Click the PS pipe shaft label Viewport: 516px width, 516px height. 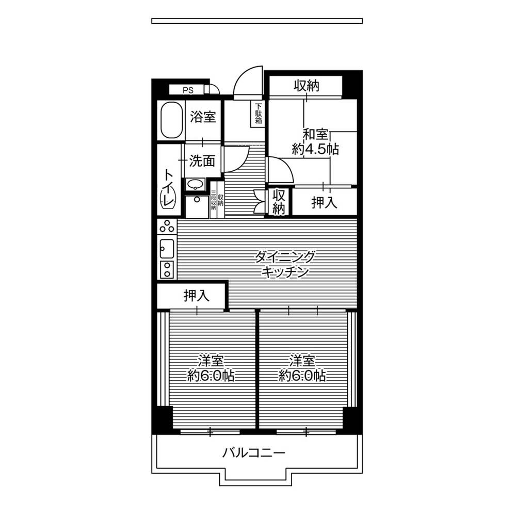[188, 90]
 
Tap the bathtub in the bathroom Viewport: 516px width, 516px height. [171, 120]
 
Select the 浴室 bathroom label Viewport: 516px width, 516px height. [203, 117]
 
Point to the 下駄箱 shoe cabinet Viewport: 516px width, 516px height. [259, 114]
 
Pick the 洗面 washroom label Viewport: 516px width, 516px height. [202, 161]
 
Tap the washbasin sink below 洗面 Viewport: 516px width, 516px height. [196, 184]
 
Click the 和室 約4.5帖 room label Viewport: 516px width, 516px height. [315, 142]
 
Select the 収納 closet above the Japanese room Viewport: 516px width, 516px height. [306, 86]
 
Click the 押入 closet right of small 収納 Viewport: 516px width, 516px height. [325, 202]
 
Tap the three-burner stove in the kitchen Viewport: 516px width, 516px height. [167, 227]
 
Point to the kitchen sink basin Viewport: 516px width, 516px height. [167, 249]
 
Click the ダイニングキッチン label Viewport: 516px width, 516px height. [285, 264]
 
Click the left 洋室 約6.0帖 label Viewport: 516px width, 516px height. [211, 368]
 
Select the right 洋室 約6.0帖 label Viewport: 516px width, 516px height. [302, 368]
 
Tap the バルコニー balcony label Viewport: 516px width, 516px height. [253, 453]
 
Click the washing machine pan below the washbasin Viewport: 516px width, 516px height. [197, 207]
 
